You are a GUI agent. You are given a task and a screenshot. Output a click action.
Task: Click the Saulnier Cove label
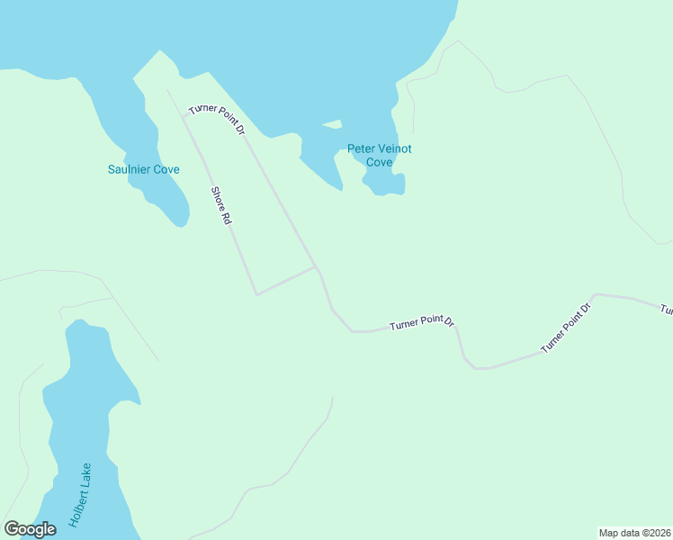coord(144,169)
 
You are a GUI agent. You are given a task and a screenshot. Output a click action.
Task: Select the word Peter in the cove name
coord(362,148)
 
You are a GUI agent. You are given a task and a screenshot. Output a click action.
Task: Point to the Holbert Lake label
coord(80,494)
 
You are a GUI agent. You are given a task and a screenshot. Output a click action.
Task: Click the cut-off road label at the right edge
coord(667,310)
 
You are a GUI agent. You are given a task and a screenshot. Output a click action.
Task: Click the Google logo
coord(30,529)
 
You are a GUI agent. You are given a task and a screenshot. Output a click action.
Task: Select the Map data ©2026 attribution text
coord(635,532)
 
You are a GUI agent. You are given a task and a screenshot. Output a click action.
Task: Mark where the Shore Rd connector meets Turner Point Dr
coord(316,267)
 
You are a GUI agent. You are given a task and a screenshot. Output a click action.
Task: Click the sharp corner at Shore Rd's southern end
coord(256,294)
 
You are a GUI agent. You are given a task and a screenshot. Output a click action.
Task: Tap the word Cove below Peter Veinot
coord(379,162)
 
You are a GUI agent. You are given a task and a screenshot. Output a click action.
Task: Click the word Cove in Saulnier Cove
coord(167,169)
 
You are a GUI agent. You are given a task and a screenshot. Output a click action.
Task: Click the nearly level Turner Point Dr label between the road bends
coord(423,323)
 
